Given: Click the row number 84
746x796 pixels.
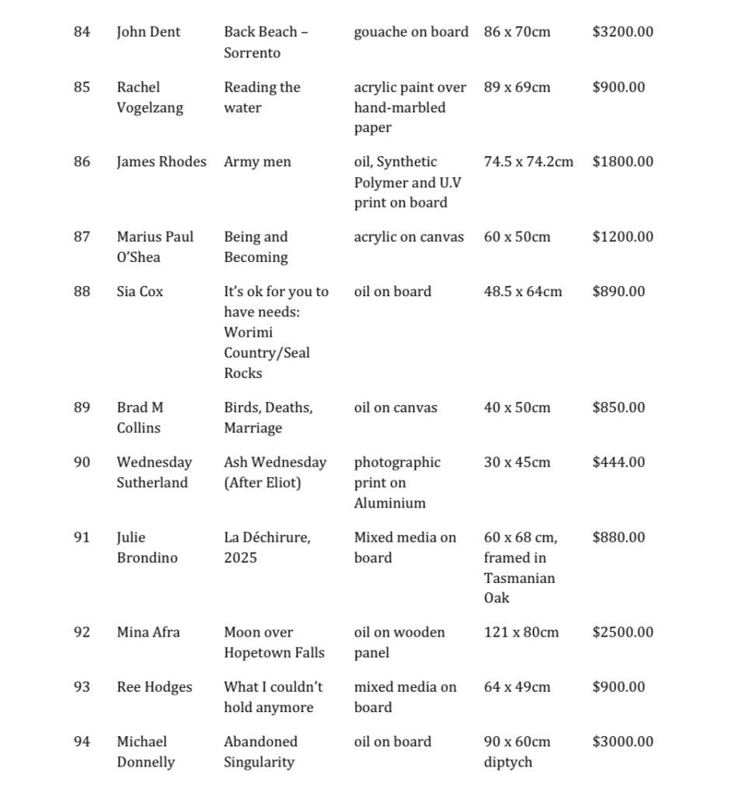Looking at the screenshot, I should coord(82,32).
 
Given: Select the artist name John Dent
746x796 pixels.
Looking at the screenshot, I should coord(148,32).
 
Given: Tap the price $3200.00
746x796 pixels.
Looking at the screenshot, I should coord(622,32).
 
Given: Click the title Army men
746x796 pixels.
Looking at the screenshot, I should coord(257,162).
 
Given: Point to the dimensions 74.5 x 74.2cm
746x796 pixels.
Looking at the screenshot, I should coord(528,162).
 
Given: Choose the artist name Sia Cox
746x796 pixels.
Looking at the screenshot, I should coord(140,292).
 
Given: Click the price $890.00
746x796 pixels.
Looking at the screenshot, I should coord(619,292).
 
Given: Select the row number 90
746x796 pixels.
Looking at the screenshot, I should coord(82,462).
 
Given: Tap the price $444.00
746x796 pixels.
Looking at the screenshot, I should coord(619,462).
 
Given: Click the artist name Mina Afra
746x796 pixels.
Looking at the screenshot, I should coord(148,632).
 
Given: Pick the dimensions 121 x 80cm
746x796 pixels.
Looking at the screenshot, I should coord(521,632).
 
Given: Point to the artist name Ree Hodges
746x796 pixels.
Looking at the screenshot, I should coord(155,686).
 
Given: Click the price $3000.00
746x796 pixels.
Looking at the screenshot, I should coord(622,742).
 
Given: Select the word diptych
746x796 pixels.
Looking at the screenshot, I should coord(508,762).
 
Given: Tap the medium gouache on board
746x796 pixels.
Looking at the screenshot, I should coord(411,32).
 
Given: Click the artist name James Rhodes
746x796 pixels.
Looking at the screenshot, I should coord(162,162).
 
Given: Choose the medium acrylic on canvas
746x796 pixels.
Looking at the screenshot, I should coord(409,236).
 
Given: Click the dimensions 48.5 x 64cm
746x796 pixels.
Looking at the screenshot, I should coord(523,292).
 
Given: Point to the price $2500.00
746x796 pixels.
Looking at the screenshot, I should coord(622,632).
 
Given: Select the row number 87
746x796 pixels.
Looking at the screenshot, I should coord(82,236).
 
